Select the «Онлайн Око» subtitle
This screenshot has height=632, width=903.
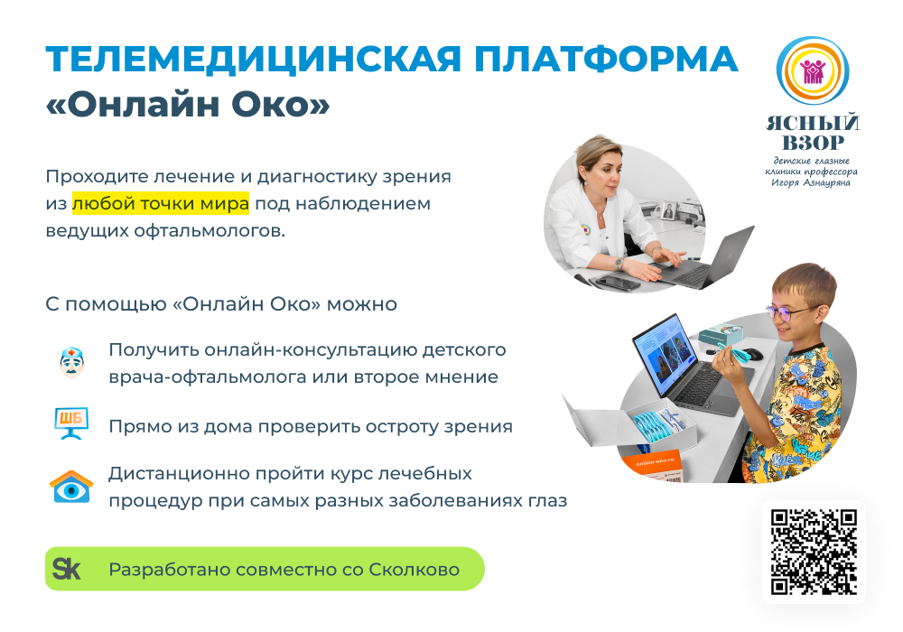[x=188, y=105]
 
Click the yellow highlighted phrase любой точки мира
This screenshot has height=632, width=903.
[x=161, y=203]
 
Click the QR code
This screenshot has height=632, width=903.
[x=814, y=552]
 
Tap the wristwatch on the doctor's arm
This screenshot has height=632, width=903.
[x=619, y=262]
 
